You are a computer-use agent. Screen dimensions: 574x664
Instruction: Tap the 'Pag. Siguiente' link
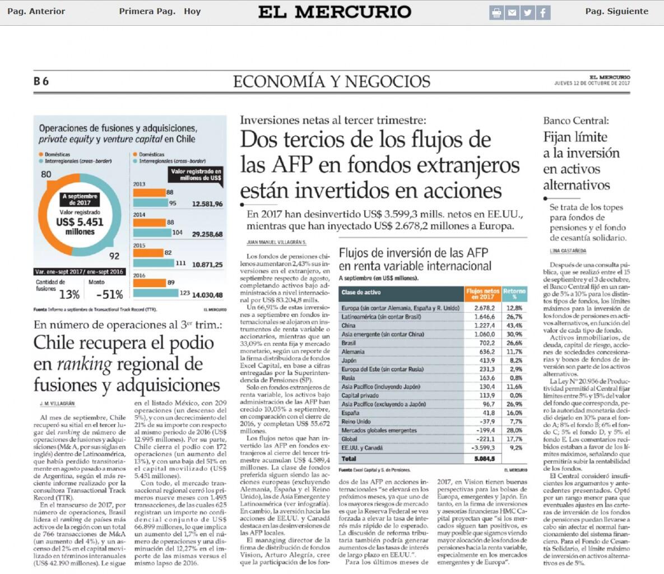click(x=616, y=11)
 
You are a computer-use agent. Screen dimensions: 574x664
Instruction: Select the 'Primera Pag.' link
click(x=147, y=11)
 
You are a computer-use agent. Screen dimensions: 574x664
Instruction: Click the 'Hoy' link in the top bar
click(x=192, y=11)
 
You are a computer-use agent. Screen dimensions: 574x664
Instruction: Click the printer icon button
click(x=496, y=12)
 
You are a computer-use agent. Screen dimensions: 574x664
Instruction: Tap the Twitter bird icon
click(x=527, y=12)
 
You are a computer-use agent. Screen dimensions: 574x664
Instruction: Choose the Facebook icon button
click(x=543, y=12)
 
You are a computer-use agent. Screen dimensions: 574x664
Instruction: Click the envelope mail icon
click(x=512, y=12)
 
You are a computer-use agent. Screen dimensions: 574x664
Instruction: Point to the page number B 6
click(x=41, y=81)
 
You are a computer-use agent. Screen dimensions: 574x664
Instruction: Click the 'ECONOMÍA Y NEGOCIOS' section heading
click(x=332, y=81)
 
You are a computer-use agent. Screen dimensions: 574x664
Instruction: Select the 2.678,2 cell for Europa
click(x=484, y=308)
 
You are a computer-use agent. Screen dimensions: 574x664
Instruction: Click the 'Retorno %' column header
click(x=514, y=294)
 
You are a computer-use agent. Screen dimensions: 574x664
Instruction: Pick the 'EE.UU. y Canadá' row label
click(x=363, y=448)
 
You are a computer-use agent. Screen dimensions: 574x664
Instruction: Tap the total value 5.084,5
click(x=484, y=459)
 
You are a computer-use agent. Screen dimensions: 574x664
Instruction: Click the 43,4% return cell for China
click(x=514, y=326)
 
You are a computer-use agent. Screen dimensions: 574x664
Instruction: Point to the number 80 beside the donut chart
click(x=46, y=174)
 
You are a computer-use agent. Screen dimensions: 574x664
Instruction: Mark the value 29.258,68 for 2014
click(x=207, y=234)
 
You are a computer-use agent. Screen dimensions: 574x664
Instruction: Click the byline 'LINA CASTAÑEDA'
click(x=568, y=251)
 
